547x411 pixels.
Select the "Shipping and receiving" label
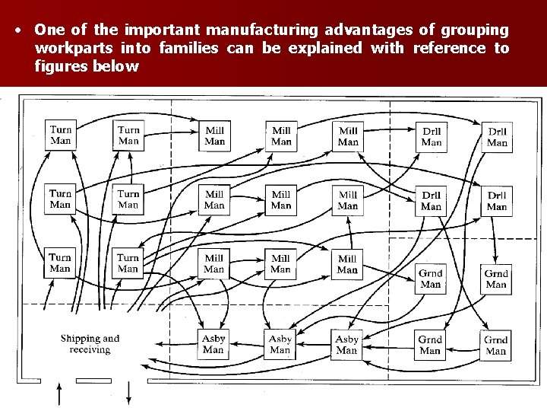tap(90, 344)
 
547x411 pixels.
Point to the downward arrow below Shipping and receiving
tap(128, 394)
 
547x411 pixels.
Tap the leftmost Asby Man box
tap(213, 344)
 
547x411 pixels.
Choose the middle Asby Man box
tap(280, 344)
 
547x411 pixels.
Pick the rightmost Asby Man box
tap(346, 344)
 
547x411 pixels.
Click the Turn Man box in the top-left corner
tap(61, 134)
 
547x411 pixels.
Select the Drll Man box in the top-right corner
tap(497, 136)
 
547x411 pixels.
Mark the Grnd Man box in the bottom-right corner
tap(496, 345)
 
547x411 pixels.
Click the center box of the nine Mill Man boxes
tap(281, 199)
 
